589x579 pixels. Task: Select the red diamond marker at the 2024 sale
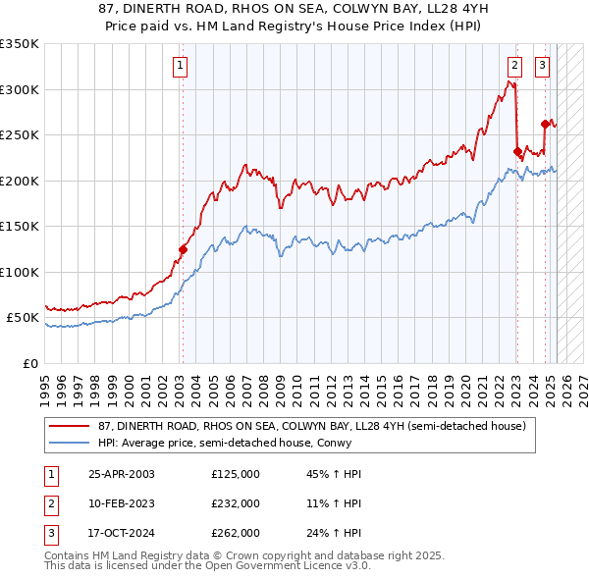[x=546, y=124]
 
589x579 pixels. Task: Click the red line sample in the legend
[x=70, y=426]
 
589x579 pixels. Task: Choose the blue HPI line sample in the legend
[x=70, y=443]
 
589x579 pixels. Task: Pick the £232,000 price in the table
[x=236, y=503]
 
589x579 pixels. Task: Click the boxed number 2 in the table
[x=50, y=503]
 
